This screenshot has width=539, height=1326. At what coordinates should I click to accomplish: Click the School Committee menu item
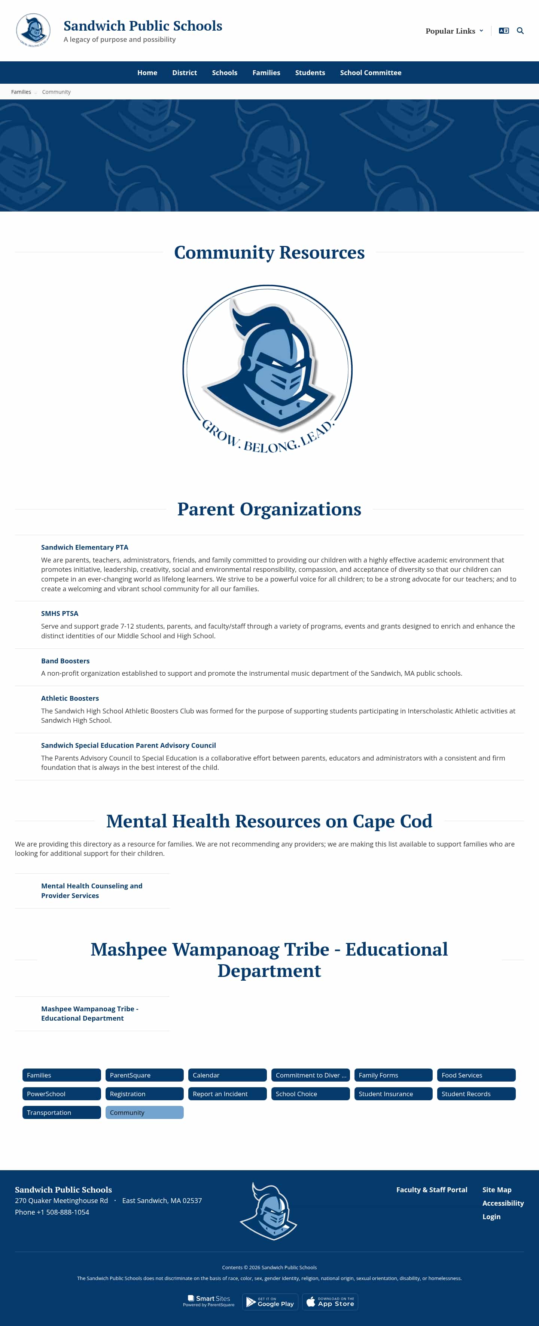tap(371, 73)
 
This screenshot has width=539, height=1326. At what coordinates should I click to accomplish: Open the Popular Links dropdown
tap(454, 31)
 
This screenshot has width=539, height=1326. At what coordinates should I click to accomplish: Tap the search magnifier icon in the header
tap(520, 31)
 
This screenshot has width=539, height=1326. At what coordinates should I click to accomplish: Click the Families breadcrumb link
tap(21, 92)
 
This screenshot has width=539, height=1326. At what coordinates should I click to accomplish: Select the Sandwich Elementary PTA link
tap(85, 547)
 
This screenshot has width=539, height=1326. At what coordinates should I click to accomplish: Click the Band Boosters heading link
tap(66, 660)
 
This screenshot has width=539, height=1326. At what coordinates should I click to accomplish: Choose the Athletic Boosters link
tap(70, 698)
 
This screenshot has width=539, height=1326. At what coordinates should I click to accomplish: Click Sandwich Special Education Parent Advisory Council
tap(128, 745)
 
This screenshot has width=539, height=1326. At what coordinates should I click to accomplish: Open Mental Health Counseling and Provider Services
tap(92, 891)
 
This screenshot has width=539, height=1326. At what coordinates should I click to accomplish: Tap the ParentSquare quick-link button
tap(144, 1075)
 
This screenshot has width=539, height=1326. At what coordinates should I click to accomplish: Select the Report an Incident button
tap(227, 1093)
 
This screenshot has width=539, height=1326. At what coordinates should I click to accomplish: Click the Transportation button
tap(61, 1112)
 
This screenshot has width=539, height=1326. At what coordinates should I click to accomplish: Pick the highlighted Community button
tap(144, 1112)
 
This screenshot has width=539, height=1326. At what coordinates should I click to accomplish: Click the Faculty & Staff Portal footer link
tap(431, 1190)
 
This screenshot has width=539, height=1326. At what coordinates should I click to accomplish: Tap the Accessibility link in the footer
tap(502, 1203)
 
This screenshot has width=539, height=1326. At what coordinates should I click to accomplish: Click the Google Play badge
tap(270, 1302)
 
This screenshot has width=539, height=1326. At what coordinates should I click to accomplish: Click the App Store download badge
tap(330, 1302)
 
